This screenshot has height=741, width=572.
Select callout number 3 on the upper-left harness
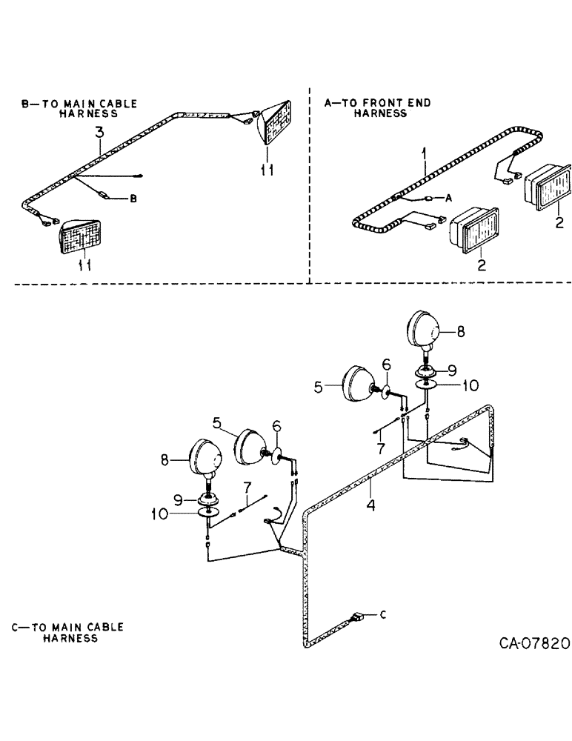point(99,133)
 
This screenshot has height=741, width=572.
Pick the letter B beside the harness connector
point(133,199)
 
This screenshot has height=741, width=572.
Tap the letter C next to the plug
point(383,614)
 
